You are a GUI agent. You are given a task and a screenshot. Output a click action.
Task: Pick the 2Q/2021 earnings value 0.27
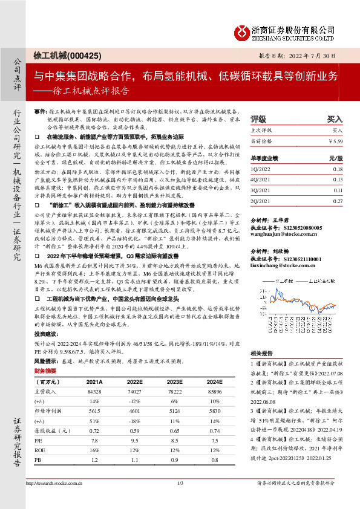pos(338,200)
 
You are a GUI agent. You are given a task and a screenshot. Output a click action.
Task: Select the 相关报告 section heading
pos(262,353)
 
